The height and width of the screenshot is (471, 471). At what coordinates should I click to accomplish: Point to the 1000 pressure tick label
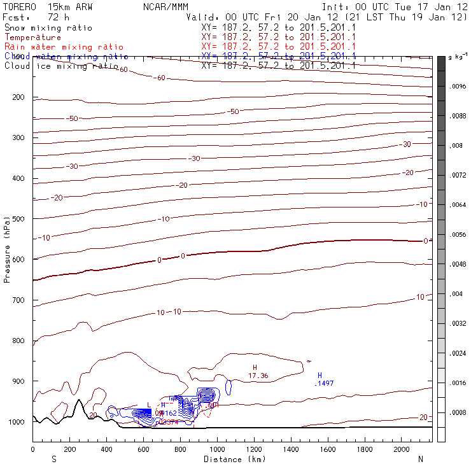point(18,422)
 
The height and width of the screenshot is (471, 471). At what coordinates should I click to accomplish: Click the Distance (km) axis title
point(232,458)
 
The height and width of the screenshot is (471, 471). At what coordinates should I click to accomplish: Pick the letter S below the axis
point(53,458)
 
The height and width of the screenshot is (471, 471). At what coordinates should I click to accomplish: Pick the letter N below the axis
point(420,458)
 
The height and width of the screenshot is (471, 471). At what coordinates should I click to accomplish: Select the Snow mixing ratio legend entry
point(48,29)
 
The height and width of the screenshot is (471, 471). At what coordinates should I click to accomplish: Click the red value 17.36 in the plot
point(258,376)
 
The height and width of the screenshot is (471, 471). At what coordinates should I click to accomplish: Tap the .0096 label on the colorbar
point(458,86)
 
